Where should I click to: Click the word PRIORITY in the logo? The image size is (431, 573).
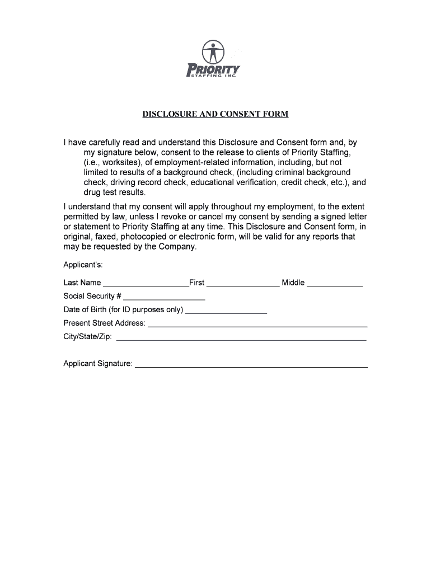tap(213, 70)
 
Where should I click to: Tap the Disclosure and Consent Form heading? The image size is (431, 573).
tap(215, 115)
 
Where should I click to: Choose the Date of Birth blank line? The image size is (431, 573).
tap(226, 311)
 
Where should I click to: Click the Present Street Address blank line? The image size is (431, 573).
tap(257, 325)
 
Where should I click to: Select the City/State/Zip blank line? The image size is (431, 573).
tap(241, 339)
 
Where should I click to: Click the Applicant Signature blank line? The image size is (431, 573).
tap(251, 365)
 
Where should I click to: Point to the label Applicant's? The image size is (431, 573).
tap(83, 264)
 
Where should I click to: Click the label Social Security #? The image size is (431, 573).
tap(92, 296)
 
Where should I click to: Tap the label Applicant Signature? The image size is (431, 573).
tap(98, 364)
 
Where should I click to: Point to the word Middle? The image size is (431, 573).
tap(293, 283)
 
